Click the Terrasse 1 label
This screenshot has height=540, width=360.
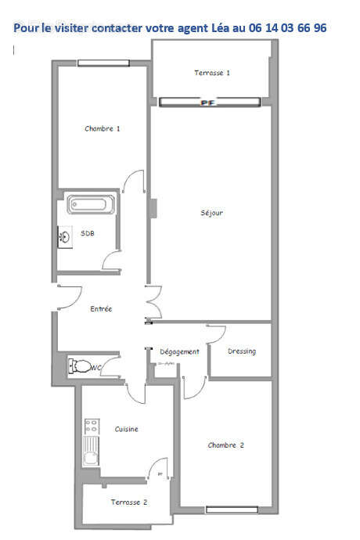(211, 73)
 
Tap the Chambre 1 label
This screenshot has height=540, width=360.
(103, 128)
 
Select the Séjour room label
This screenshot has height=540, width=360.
(212, 213)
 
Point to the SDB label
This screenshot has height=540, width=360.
(88, 233)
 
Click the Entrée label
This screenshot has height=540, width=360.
(102, 309)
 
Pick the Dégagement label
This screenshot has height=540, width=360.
(179, 351)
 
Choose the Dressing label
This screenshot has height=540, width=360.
(242, 351)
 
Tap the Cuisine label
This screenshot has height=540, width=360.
(127, 430)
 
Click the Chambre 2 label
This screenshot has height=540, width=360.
(226, 445)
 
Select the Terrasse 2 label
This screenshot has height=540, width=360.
(128, 502)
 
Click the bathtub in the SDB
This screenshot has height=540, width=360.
(92, 204)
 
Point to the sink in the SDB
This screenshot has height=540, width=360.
(63, 235)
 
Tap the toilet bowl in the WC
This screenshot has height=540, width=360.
(80, 365)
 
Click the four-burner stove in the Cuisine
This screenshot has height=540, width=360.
(92, 427)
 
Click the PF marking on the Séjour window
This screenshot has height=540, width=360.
(208, 103)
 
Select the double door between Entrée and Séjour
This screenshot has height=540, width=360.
(152, 304)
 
